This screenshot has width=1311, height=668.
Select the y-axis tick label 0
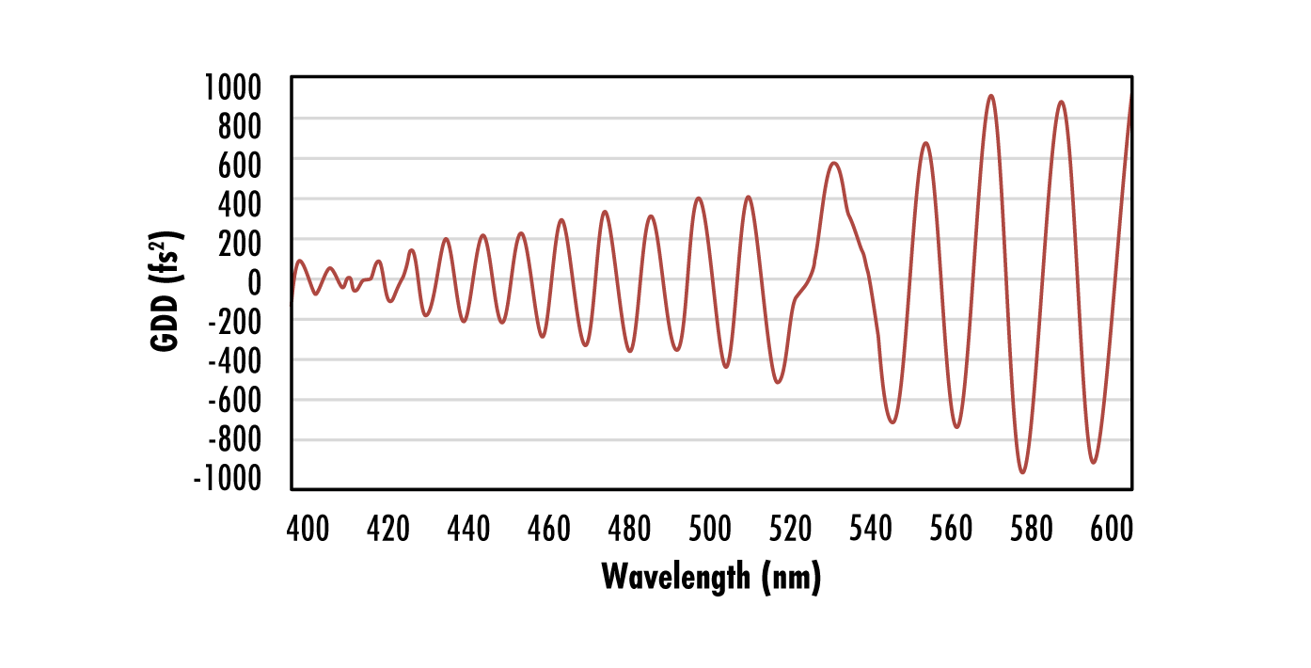click(269, 281)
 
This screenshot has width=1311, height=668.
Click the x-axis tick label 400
click(308, 529)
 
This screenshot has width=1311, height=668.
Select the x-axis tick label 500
click(710, 529)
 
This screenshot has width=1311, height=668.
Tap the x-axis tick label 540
click(871, 529)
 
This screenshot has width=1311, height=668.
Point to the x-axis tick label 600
click(1112, 529)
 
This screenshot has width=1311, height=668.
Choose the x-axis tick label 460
click(549, 529)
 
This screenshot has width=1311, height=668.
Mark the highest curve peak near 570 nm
click(990, 95)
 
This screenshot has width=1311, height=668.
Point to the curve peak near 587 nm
click(1061, 102)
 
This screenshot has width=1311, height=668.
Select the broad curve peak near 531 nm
click(833, 163)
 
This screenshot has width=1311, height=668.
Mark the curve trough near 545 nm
click(892, 421)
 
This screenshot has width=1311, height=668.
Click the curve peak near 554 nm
click(925, 143)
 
